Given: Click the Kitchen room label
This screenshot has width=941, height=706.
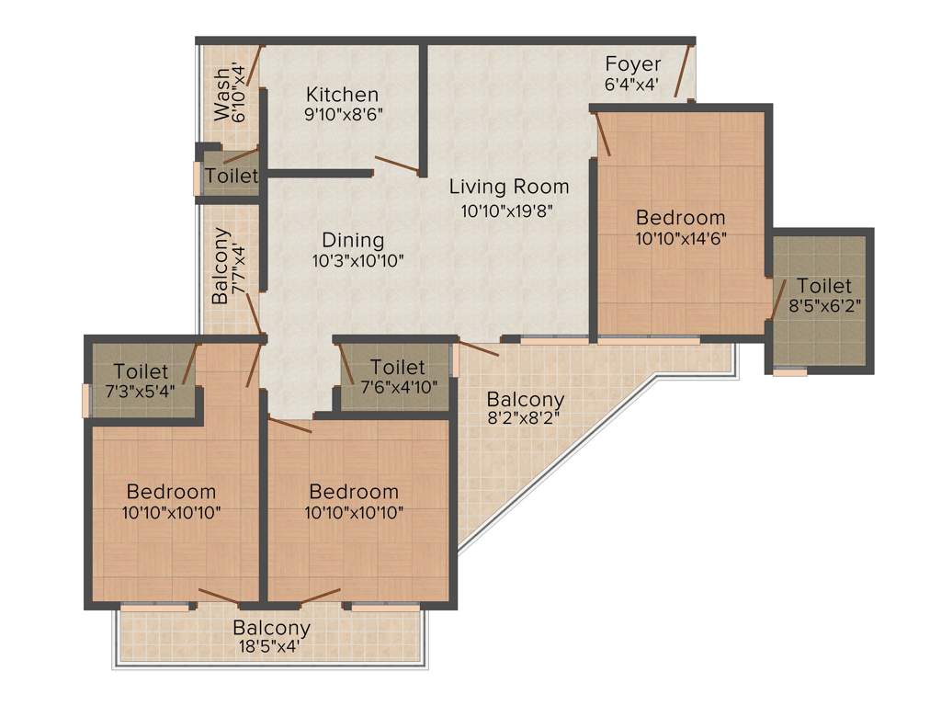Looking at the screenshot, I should coord(342,94).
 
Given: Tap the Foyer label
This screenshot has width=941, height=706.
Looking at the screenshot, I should coord(632,64).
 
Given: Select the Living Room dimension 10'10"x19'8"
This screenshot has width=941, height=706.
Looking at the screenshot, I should coord(508,210).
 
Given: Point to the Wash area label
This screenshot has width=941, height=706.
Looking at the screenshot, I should coord(221,95).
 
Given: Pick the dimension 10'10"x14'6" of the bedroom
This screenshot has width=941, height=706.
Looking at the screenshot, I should coord(681,238).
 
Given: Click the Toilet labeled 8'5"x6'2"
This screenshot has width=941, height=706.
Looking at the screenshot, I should coord(824,286).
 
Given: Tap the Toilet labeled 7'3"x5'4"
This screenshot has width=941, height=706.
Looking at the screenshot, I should coord(141,371).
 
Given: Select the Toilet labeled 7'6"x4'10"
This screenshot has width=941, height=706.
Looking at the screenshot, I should coord(397,369).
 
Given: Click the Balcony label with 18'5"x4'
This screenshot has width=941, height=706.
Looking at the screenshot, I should coord(271,629).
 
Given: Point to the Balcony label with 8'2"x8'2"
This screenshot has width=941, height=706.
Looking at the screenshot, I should coord(525,400).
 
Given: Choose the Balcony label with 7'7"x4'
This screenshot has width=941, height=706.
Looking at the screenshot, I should coord(221,267).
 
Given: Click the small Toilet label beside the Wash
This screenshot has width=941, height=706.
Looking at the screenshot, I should coord(232,175).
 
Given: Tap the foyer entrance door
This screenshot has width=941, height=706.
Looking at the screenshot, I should coord(682,71).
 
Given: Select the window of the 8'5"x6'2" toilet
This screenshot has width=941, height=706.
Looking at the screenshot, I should coord(789,372).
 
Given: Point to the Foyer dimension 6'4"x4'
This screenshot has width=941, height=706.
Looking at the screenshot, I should coord(632,84).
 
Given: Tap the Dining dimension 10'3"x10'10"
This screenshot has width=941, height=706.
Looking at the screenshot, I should coord(357,260).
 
